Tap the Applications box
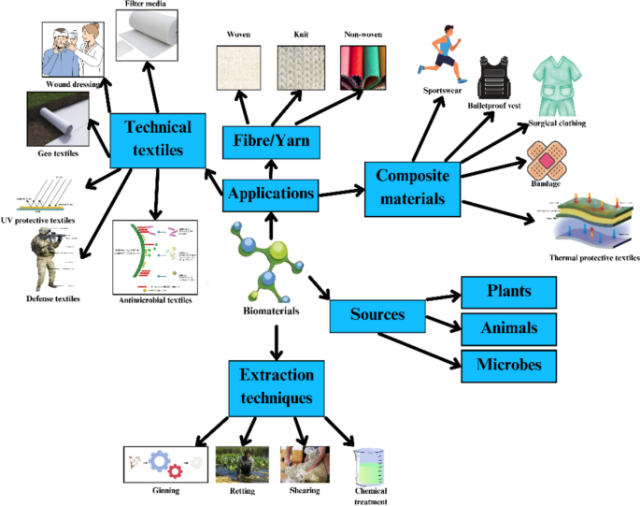pyautogui.click(x=270, y=195)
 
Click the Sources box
pyautogui.click(x=377, y=314)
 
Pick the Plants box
pyautogui.click(x=507, y=291)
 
